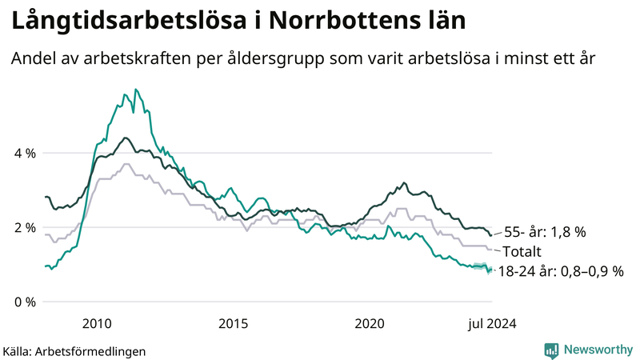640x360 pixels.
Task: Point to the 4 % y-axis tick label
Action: point(24,153)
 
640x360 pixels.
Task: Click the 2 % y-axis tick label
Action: point(24,227)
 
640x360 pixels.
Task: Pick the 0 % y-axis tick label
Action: point(24,302)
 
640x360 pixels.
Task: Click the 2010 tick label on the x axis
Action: point(97,324)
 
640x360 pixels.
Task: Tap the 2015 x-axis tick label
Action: point(233,324)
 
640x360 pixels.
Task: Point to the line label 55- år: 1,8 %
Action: point(545,232)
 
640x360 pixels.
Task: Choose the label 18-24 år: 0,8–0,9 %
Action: point(560,271)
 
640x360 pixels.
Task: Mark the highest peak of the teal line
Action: point(136,90)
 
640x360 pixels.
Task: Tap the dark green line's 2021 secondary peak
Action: point(404,183)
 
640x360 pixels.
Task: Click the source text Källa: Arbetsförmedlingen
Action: point(74,351)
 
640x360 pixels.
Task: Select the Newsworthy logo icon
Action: point(551,350)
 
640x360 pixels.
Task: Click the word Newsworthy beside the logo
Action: point(598,350)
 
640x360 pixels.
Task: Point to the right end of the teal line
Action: point(490,270)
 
